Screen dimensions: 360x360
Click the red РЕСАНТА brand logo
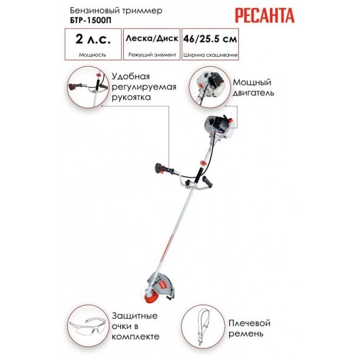(x=264, y=15)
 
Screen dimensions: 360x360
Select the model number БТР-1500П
(x=91, y=20)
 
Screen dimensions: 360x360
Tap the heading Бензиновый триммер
(x=116, y=11)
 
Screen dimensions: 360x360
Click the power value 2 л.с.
(x=93, y=39)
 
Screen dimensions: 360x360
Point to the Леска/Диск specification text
(x=152, y=38)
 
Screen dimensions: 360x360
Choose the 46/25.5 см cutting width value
(x=210, y=39)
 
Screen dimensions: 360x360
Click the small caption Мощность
(x=92, y=55)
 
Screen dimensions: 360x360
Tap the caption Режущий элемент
(x=152, y=55)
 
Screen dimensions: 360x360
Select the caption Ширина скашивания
(x=210, y=55)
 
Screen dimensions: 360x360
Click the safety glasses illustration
(x=88, y=325)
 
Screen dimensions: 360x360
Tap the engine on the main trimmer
(x=220, y=127)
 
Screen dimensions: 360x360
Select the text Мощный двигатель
(x=253, y=87)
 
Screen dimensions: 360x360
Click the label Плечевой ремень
(x=249, y=328)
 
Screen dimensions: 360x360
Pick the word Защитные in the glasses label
(x=135, y=316)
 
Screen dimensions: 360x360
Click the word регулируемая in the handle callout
(x=144, y=87)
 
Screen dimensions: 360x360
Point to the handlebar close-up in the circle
(x=88, y=88)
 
